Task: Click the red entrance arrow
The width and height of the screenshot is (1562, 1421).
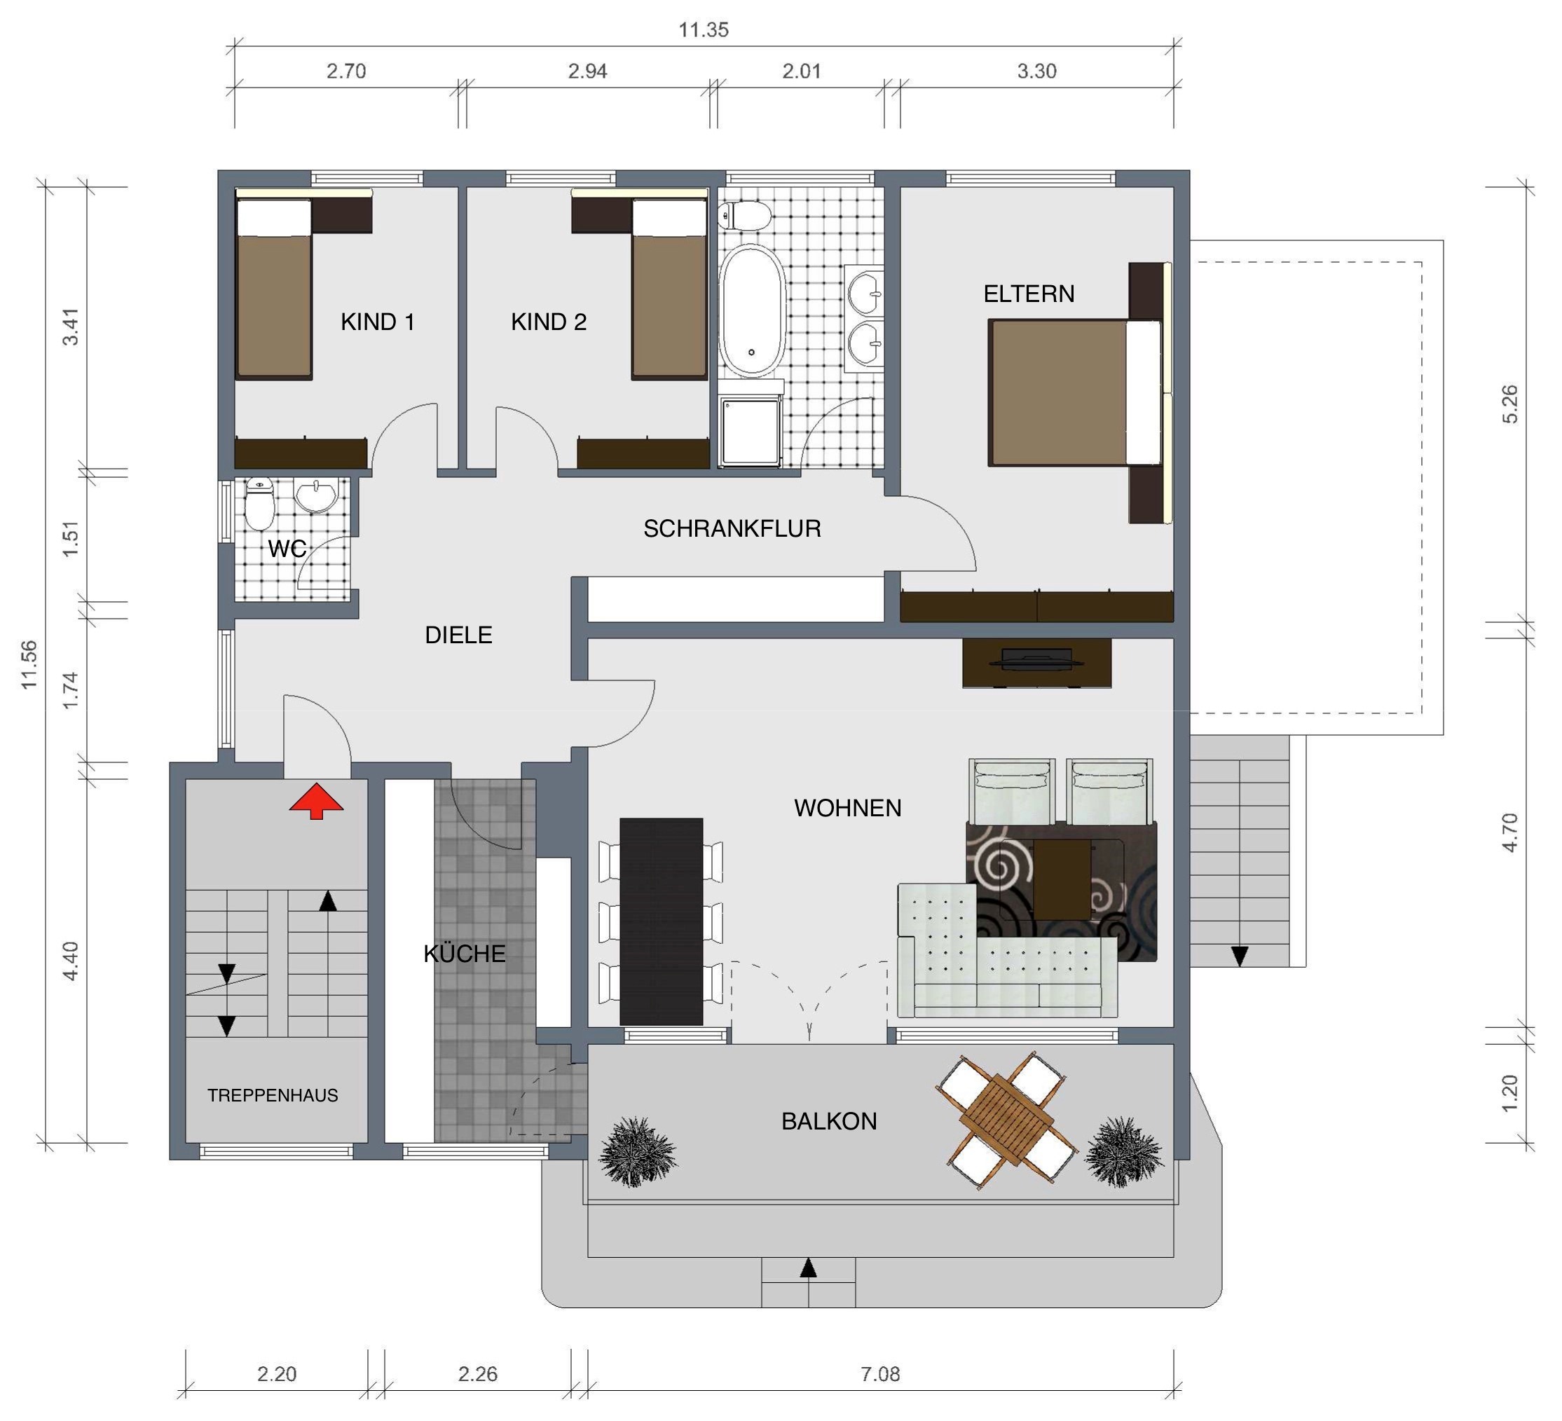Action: coord(316,800)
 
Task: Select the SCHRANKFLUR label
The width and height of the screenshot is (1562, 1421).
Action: coord(732,528)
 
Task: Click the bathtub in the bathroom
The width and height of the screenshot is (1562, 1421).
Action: coord(751,310)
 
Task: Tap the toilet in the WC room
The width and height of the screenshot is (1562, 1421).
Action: coord(259,504)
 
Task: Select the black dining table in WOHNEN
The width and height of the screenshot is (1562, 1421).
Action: coord(661,921)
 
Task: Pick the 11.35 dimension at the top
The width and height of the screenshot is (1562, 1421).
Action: coord(704,30)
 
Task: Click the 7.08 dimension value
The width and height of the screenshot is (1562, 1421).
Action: coord(880,1374)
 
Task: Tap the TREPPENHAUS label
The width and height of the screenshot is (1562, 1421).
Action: coord(273,1094)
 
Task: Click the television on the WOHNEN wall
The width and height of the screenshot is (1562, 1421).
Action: coord(1035,659)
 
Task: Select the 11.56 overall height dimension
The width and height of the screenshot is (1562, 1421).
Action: coord(29,664)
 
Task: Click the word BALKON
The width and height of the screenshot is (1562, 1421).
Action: coord(829,1121)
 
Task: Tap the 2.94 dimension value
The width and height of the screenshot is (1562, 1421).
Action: coord(587,71)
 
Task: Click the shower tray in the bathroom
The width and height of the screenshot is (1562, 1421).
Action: coord(750,432)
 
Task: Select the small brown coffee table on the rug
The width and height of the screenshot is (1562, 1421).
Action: coord(1062,879)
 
